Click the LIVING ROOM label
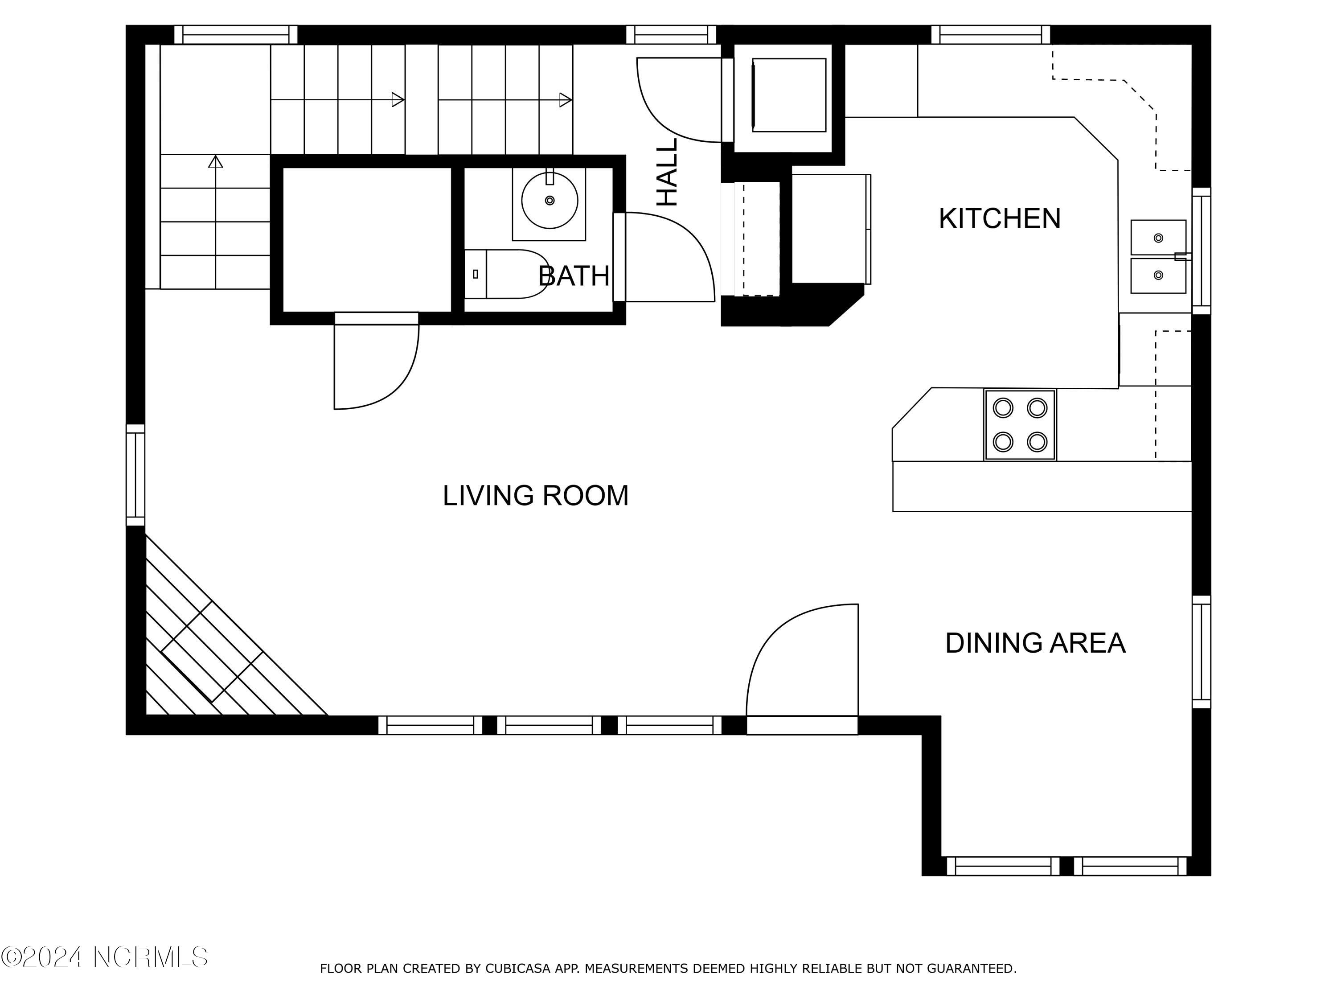[536, 495]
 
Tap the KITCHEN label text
[1000, 218]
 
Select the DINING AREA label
[1035, 643]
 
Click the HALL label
[667, 173]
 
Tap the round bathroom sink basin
[550, 201]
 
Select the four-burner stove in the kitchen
[1020, 425]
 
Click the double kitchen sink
[1159, 257]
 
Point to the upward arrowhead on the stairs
[216, 161]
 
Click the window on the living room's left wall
[135, 475]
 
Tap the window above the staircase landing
[236, 34]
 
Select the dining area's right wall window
[1202, 652]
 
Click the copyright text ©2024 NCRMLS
[105, 957]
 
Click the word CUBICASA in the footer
[518, 969]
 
